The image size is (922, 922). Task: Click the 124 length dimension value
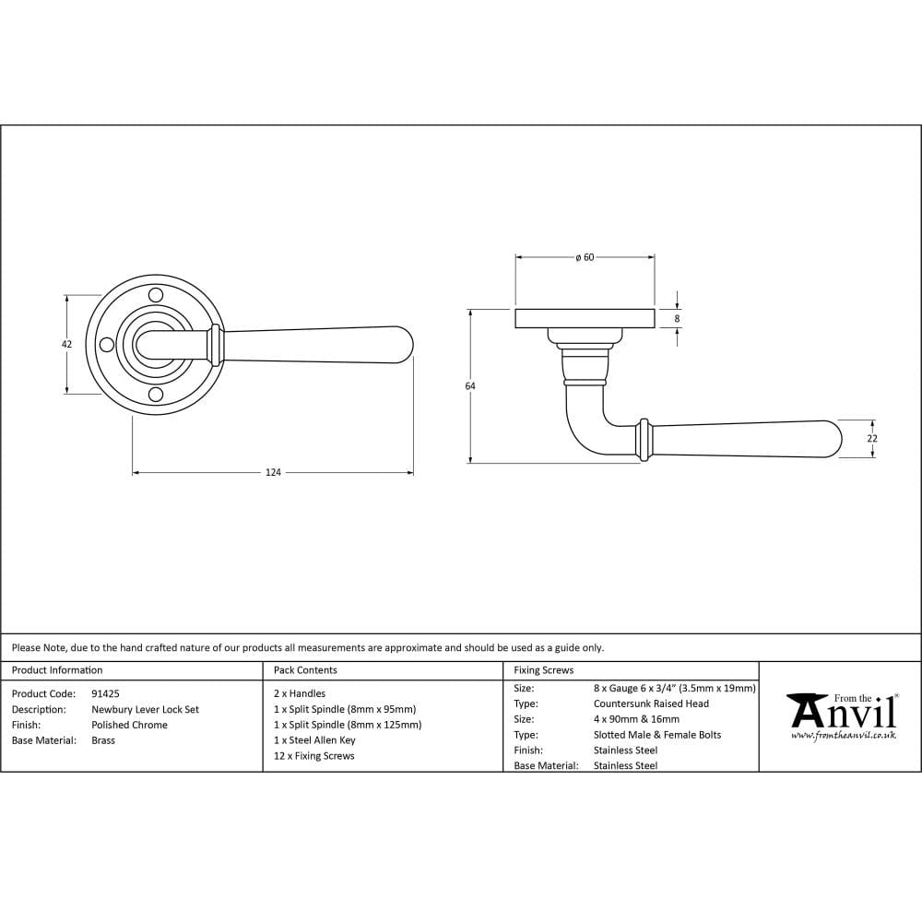[273, 473]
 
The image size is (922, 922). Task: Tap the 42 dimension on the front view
[66, 344]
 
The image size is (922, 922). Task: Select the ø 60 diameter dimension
[585, 257]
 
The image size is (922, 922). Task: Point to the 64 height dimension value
[470, 386]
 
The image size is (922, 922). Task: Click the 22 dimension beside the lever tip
[872, 439]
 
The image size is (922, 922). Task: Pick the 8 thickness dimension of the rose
[678, 319]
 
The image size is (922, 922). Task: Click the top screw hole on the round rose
[156, 295]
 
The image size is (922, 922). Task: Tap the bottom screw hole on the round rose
[156, 395]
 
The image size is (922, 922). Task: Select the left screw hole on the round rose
[106, 345]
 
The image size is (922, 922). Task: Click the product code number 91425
[105, 693]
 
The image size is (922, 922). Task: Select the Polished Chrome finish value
[129, 725]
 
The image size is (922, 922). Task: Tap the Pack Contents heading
[305, 670]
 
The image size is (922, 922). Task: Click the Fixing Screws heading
[543, 670]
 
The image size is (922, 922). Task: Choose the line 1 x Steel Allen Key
[314, 740]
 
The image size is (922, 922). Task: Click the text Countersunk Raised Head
[651, 703]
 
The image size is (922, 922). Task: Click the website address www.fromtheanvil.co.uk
[843, 736]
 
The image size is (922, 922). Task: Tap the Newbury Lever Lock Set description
[145, 709]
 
